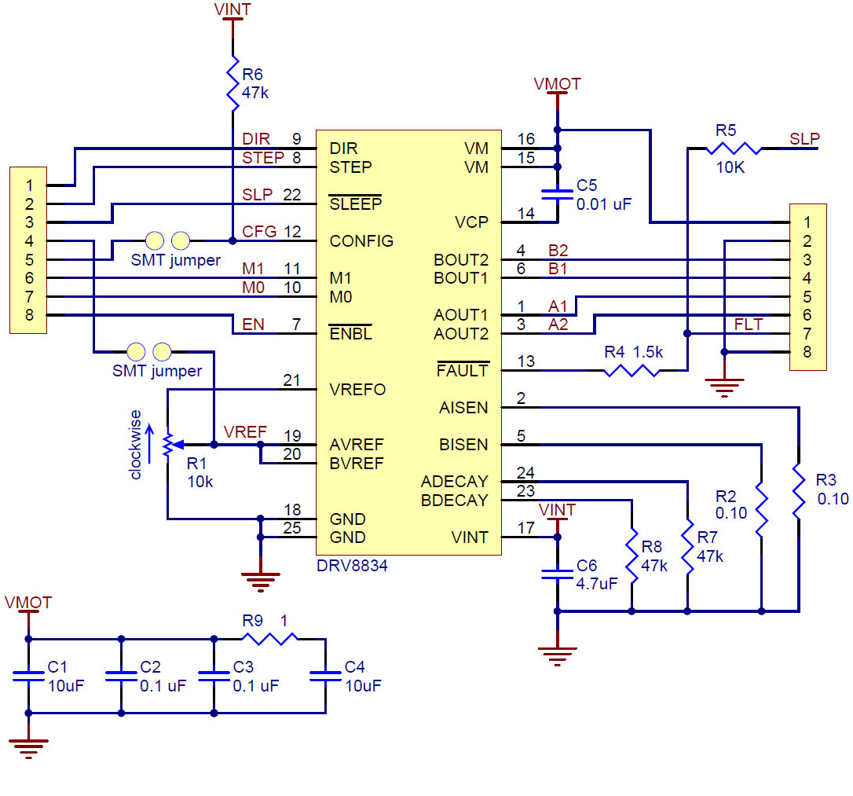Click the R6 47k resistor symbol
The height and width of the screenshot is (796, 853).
pos(232,83)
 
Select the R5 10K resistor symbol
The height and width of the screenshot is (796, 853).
pos(734,148)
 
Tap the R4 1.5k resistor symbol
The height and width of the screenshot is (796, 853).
pos(632,370)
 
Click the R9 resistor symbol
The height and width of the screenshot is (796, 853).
pos(269,638)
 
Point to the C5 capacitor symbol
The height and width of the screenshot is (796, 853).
pos(557,194)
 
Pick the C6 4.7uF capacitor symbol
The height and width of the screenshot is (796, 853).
pos(557,574)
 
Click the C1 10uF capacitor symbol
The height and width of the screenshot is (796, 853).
pos(29,675)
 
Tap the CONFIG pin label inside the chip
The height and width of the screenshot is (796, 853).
pos(361,241)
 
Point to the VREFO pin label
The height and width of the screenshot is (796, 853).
pos(357,390)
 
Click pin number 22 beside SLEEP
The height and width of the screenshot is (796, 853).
pos(292,195)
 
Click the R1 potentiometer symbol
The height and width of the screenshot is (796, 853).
pos(167,445)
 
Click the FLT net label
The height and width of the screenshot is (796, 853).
pos(748,325)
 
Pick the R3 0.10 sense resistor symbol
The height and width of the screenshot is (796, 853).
pos(798,492)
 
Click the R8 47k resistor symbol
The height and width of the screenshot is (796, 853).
pos(632,554)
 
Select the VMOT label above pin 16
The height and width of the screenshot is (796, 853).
pos(557,83)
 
